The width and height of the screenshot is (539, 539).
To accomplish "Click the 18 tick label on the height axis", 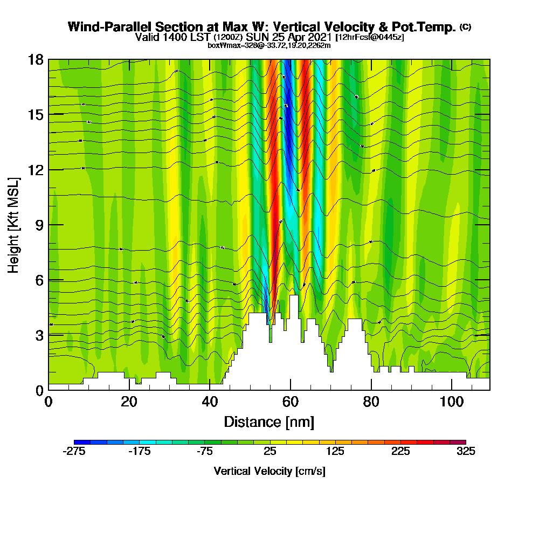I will click(x=36, y=59).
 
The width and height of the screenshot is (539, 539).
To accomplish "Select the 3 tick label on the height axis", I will click(x=39, y=335).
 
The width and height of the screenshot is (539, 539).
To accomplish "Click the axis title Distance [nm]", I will click(x=269, y=421).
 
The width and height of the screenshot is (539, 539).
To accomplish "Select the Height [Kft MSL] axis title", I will click(x=14, y=224).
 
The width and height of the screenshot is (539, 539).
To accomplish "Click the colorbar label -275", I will click(x=74, y=452).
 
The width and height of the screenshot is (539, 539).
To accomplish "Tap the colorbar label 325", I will click(x=466, y=452).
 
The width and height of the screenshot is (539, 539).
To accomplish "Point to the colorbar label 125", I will click(x=335, y=452).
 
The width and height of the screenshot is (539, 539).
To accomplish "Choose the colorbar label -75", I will click(x=205, y=452).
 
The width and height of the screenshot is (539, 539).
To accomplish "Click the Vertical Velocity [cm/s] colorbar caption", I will click(x=269, y=471).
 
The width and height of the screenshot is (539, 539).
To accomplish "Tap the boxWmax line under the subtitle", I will click(x=269, y=45).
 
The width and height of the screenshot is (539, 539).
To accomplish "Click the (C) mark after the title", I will click(x=465, y=27).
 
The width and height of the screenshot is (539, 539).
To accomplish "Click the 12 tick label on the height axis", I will click(x=36, y=169).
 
